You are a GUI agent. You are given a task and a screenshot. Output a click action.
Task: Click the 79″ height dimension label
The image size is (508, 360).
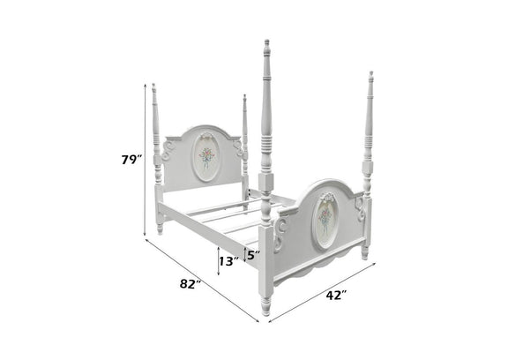(x=132, y=160)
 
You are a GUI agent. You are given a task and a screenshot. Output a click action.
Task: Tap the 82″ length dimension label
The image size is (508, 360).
(x=190, y=284)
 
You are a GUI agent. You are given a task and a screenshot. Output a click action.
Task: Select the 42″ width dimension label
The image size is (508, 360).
(x=336, y=296)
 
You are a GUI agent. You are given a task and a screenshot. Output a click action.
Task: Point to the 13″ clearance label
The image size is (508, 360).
(x=229, y=261)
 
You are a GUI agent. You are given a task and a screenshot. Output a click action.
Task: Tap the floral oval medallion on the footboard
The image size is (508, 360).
(x=325, y=221)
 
